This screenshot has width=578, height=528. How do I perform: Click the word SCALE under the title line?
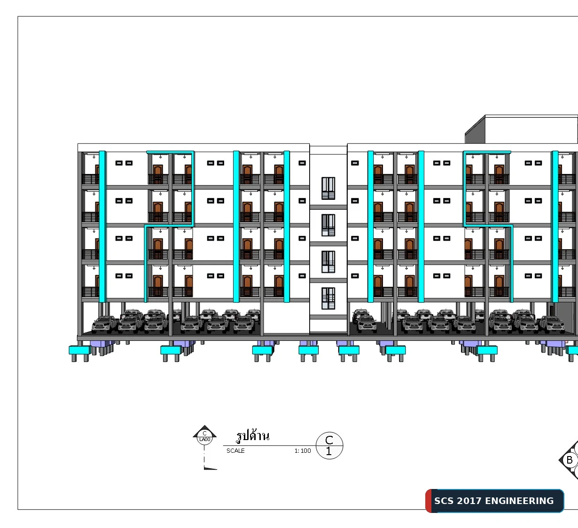(235, 451)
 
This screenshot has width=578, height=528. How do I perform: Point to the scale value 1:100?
(303, 451)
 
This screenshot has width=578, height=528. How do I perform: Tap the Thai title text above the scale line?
(253, 436)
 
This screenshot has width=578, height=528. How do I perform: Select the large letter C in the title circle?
(329, 440)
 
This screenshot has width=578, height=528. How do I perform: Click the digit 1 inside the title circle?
(329, 451)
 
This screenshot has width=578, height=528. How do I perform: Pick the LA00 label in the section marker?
(204, 440)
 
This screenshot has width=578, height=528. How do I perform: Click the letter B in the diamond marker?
(570, 460)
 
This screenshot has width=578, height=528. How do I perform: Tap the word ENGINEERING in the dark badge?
(519, 501)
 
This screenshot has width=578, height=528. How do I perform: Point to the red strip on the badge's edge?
(429, 501)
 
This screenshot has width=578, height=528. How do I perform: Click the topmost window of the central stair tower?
(328, 189)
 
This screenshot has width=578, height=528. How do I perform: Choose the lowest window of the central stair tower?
(328, 299)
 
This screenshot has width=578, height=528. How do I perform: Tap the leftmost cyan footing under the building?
(80, 350)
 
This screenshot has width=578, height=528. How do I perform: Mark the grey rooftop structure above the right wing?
(521, 129)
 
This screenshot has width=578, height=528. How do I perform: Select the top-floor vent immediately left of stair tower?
(302, 163)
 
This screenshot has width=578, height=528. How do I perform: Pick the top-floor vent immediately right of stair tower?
(355, 163)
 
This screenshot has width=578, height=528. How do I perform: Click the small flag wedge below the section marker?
(210, 468)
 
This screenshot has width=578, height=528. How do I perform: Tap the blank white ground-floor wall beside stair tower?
(286, 318)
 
